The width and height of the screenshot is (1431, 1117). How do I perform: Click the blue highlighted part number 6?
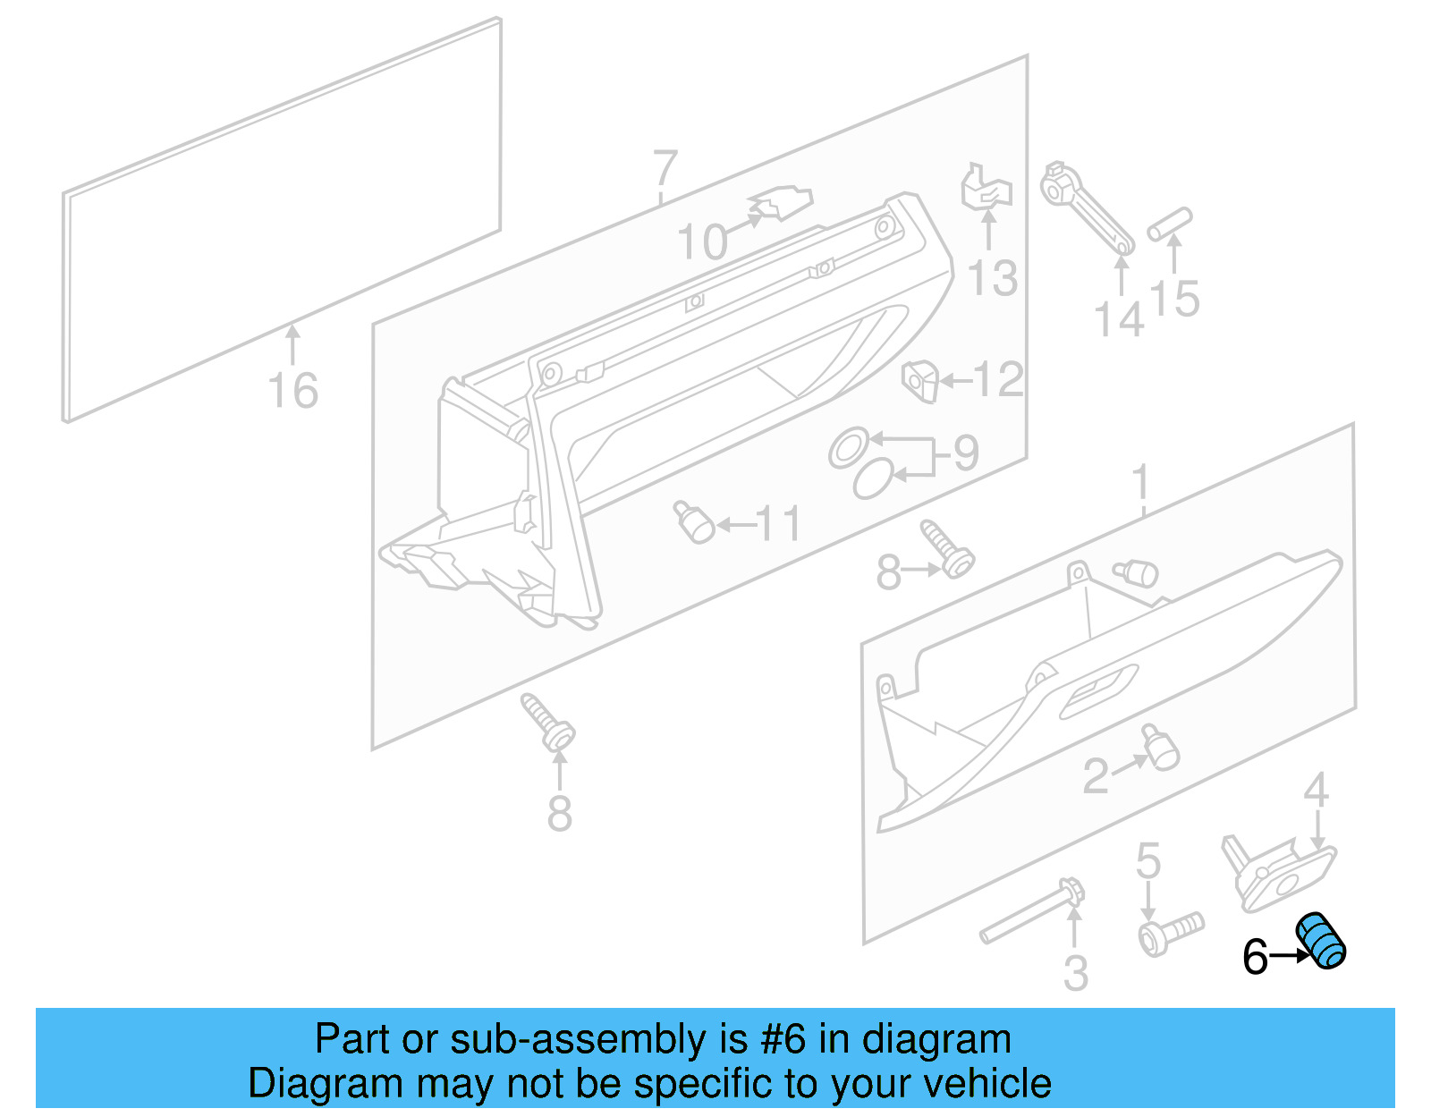tap(1322, 941)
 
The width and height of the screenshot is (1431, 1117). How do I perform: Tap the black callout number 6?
tap(1255, 957)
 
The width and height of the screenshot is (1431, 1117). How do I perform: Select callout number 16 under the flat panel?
tap(293, 391)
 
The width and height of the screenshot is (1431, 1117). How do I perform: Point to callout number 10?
tap(702, 241)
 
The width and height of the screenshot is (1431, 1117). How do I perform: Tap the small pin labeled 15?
tap(1171, 224)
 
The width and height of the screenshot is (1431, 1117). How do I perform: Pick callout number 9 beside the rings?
tap(966, 453)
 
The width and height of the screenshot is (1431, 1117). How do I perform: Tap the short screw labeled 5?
tap(1171, 932)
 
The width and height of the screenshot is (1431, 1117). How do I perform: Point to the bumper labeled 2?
tap(1160, 748)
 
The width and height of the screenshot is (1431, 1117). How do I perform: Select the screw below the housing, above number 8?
tap(548, 723)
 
